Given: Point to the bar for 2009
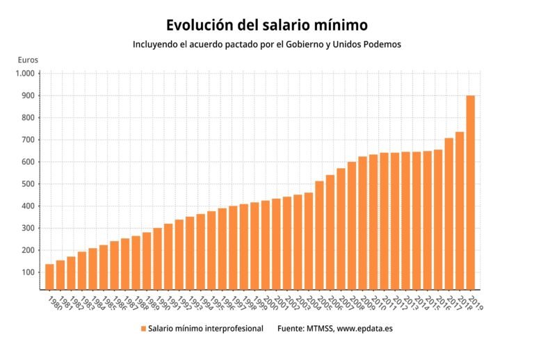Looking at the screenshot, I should point(362,222).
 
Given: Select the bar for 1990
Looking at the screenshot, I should point(157,258).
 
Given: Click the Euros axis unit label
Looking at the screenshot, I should point(28,60).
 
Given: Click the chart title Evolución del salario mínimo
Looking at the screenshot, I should point(267,25).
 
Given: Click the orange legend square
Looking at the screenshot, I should point(143,328).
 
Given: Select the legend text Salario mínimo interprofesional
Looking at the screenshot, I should point(205,328).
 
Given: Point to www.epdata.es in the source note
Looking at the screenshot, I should point(365,328).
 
